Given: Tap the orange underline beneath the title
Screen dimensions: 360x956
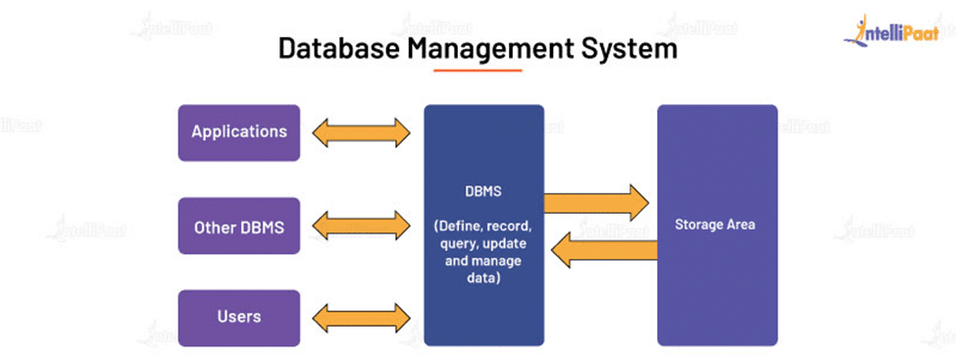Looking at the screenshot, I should coord(478,70).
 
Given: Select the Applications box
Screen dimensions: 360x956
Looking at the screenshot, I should coord(239,132).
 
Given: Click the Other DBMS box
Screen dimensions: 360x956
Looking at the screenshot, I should coord(239,227).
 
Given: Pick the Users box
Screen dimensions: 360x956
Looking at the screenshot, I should coord(239,317).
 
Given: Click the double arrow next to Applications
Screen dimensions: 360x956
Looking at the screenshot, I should coord(360,132).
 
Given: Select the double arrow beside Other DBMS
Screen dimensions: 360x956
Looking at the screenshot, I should coord(360,227).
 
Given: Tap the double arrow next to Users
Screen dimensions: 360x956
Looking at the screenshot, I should coord(360,317).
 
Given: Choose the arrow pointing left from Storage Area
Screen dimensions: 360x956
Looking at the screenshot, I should coord(604,250).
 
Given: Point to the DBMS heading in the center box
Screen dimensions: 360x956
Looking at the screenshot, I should coord(483,192).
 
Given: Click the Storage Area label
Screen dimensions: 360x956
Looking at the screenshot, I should coord(715,225).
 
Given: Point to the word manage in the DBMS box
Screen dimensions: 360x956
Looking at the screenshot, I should coord(498,262).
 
